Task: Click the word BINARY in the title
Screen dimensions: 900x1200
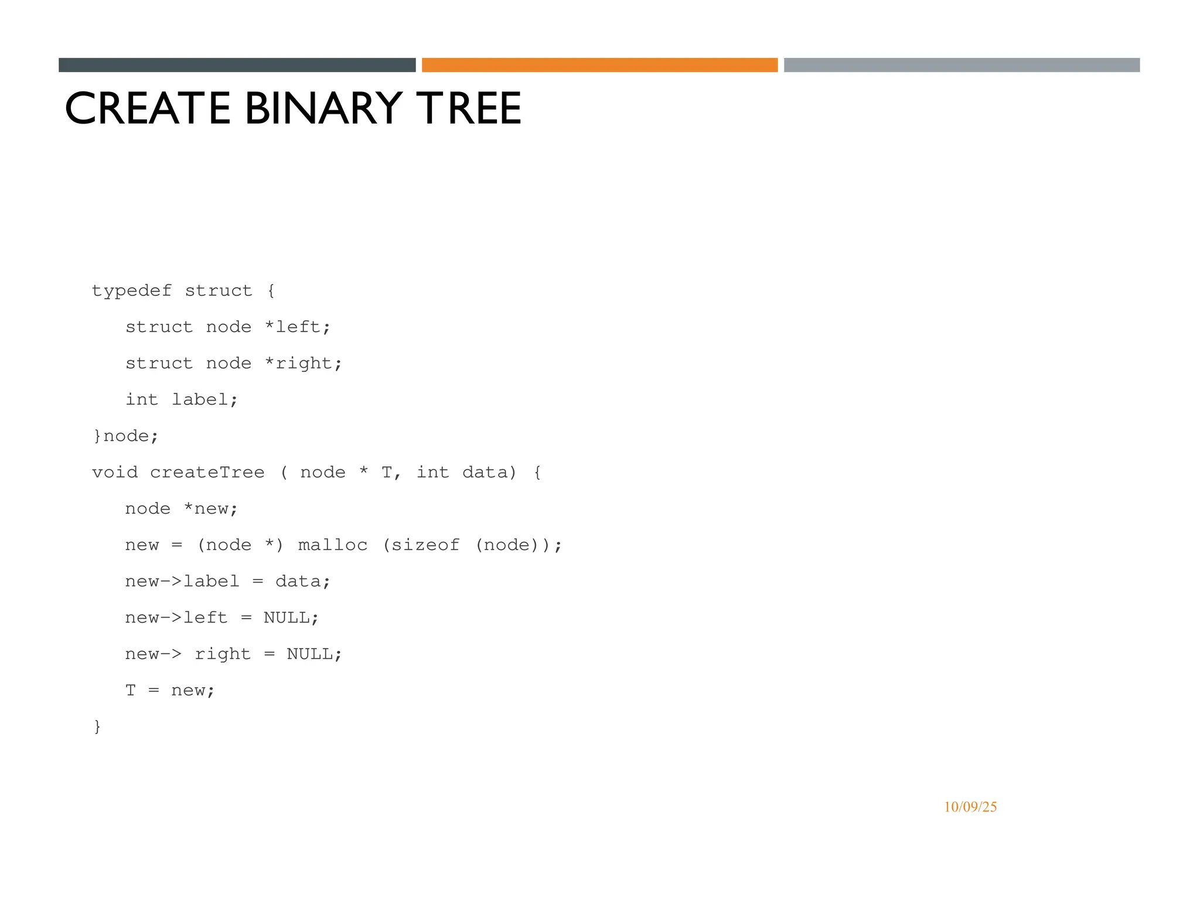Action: tap(323, 108)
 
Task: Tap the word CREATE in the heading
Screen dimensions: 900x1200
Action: tap(148, 108)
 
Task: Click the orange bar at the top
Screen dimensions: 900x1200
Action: tap(599, 65)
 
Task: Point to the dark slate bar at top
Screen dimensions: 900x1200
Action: tap(237, 65)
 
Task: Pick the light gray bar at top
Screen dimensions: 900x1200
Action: tap(962, 65)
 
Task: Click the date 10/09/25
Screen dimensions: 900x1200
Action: tap(970, 807)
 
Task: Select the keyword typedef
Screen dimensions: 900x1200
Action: tap(132, 291)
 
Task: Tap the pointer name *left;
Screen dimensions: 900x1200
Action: tap(297, 327)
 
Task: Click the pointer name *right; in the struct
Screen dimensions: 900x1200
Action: tap(303, 364)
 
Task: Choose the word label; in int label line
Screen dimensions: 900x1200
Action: tap(204, 400)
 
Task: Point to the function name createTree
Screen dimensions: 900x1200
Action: tap(207, 472)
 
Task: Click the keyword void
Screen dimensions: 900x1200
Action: tap(115, 472)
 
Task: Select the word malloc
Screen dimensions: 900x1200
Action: tap(332, 545)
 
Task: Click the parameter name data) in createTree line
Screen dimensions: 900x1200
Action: tap(489, 472)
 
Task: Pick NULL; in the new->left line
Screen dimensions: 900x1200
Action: tap(291, 618)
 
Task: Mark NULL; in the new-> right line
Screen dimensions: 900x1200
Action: tap(314, 654)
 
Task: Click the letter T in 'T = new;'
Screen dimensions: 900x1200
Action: tap(130, 690)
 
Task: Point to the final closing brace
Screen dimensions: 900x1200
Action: tap(97, 727)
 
